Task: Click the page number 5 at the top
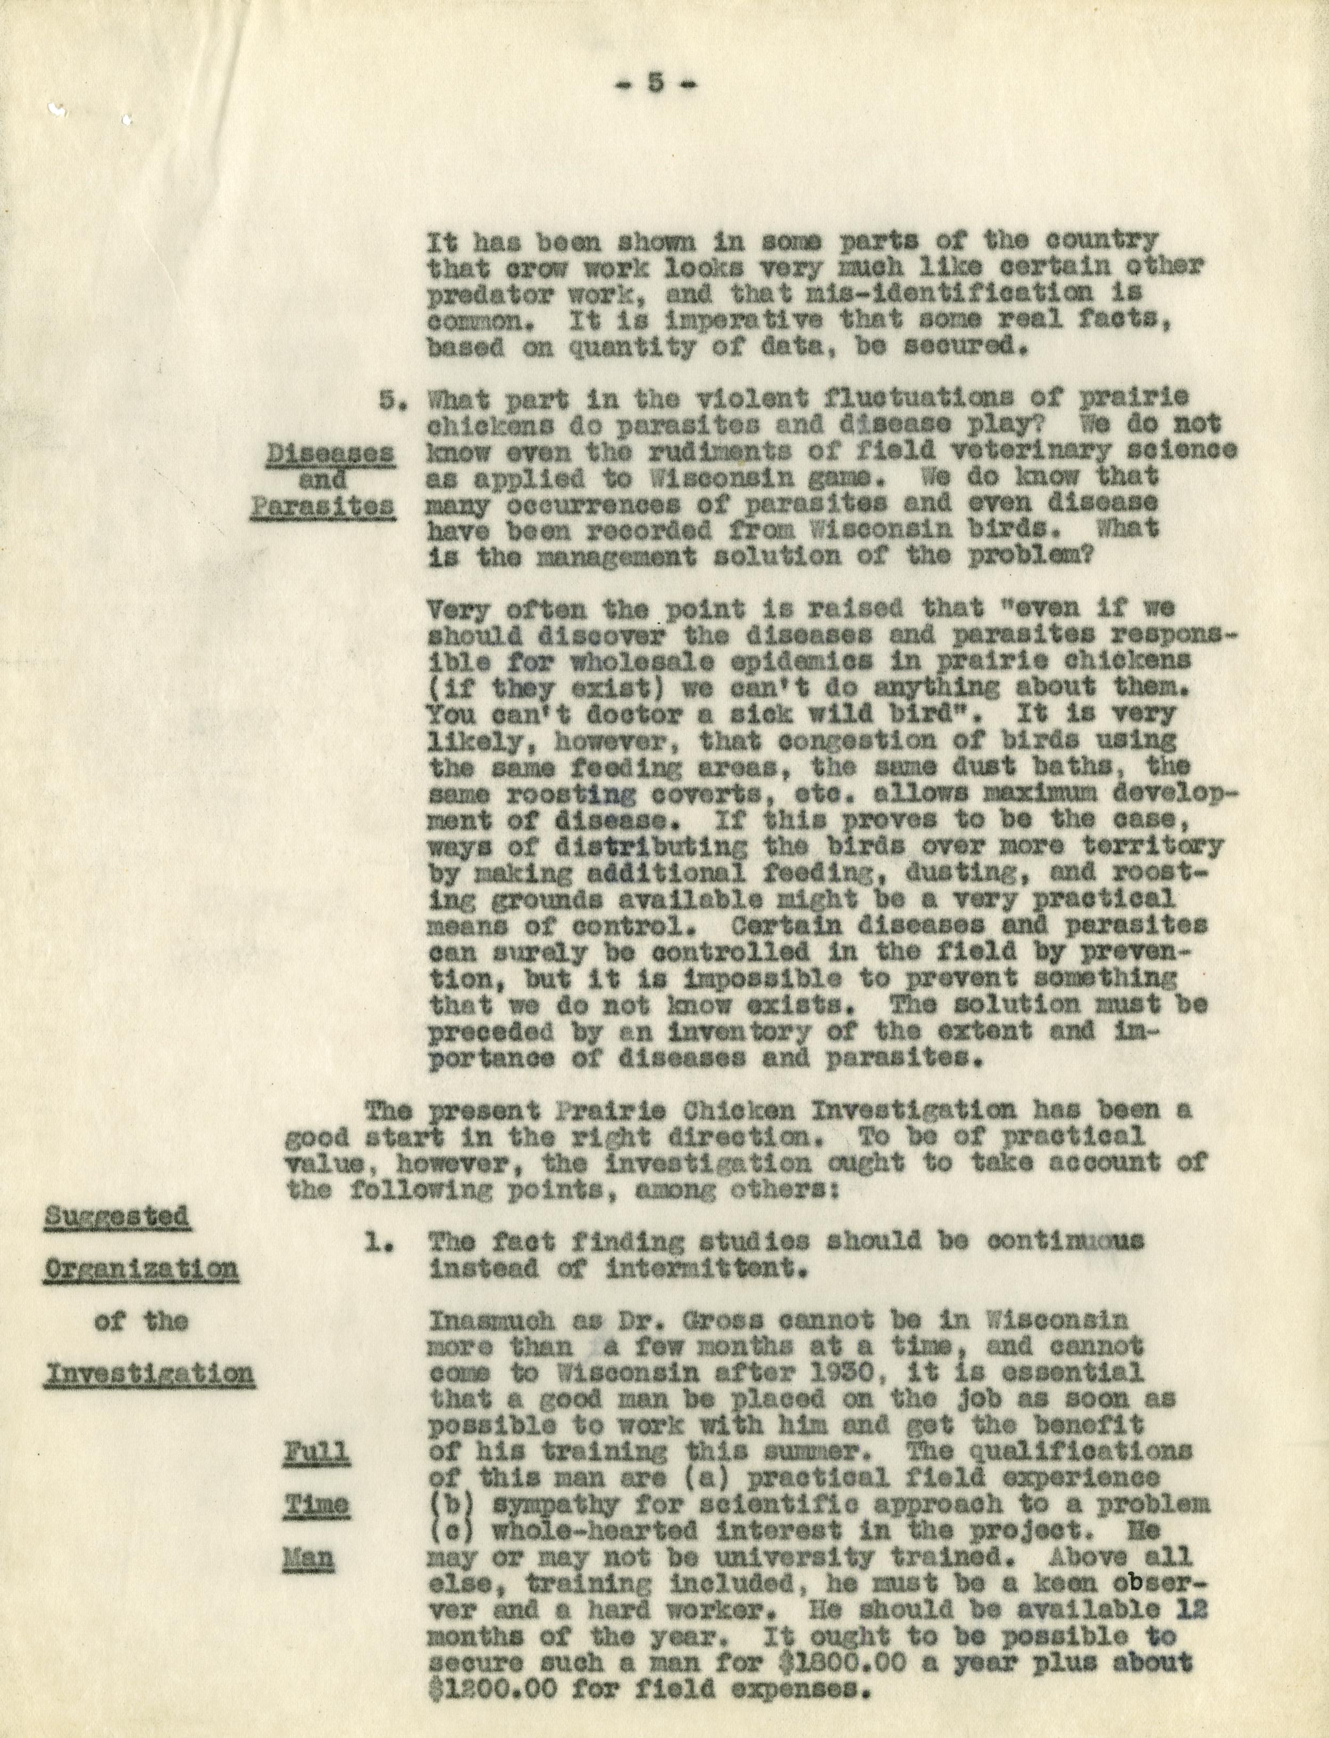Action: click(x=654, y=84)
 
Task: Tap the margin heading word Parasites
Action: click(x=323, y=507)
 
